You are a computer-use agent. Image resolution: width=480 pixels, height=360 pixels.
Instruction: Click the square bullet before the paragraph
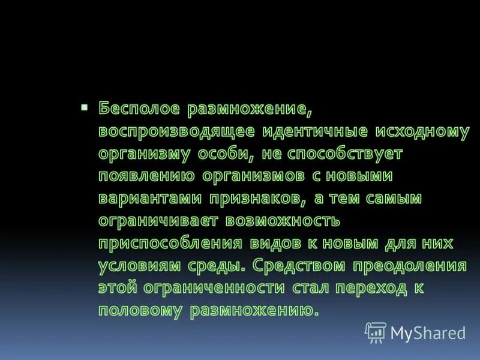coord(84,107)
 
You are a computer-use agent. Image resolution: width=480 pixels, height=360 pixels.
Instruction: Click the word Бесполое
coord(139,110)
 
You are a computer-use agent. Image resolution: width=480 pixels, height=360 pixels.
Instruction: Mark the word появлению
coord(147,176)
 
